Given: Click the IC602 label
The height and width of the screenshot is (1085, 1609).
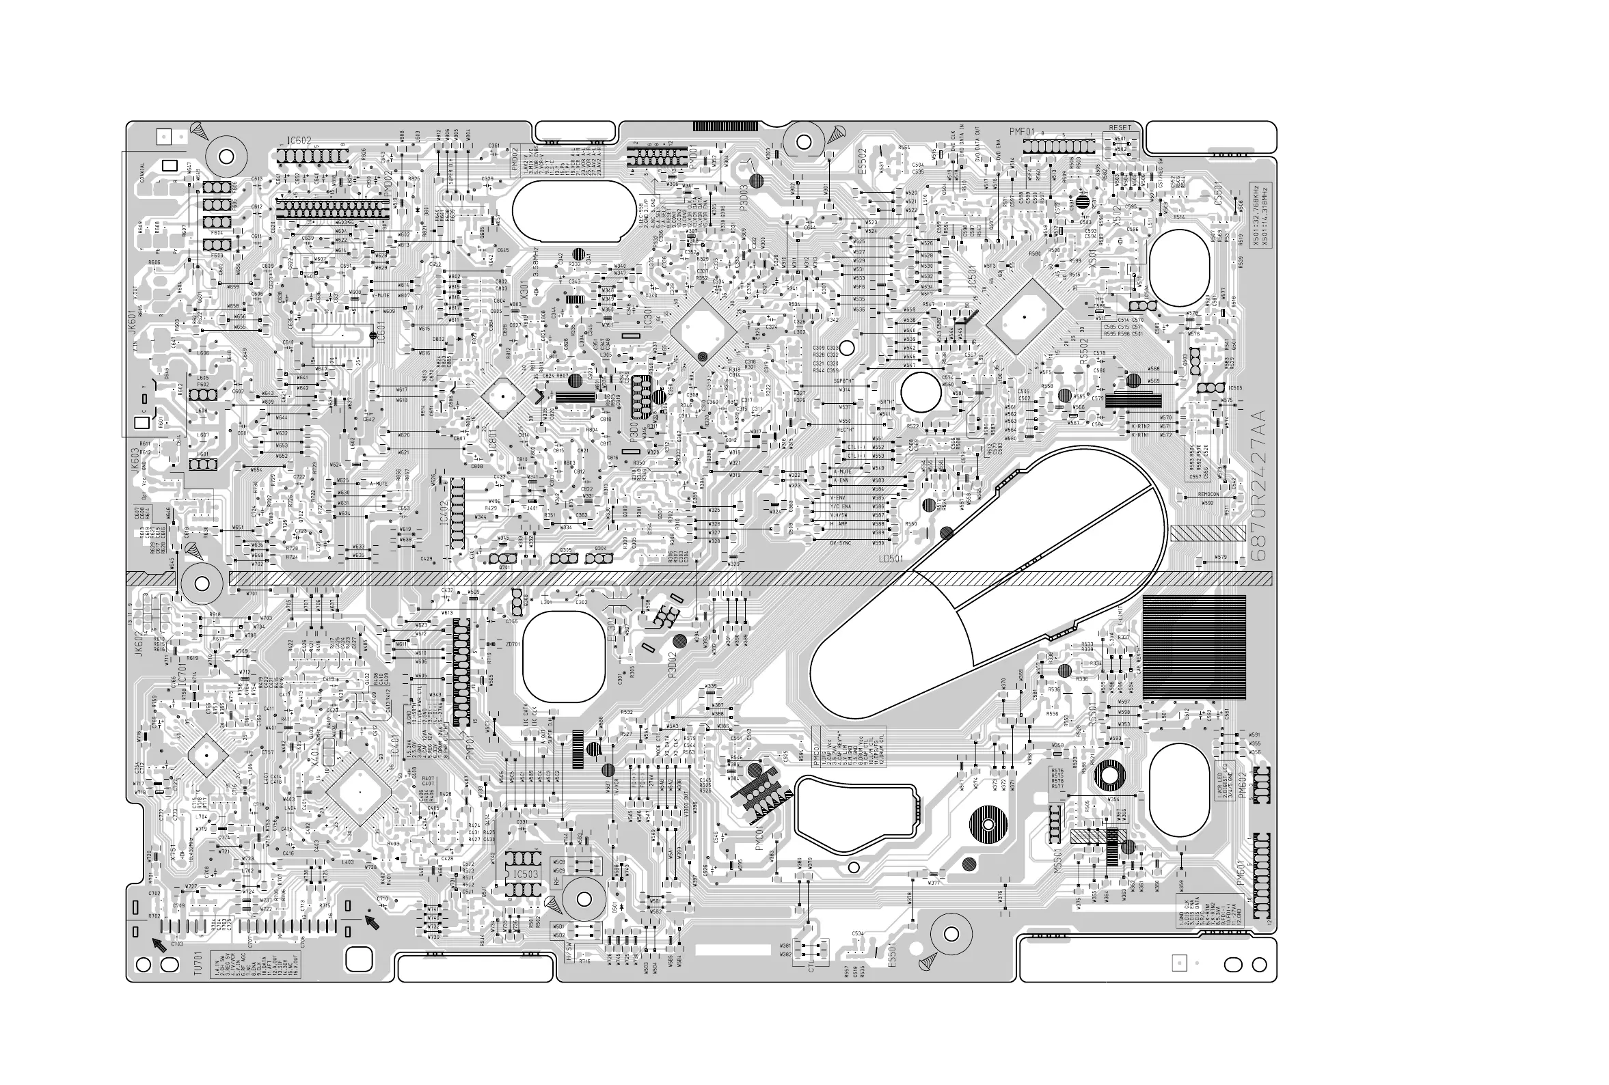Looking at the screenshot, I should [299, 141].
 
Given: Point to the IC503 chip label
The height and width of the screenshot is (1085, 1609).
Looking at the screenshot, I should [526, 874].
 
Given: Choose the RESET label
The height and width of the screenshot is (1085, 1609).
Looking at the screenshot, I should [1120, 128].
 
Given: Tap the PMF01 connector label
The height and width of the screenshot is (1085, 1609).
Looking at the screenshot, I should [1021, 131].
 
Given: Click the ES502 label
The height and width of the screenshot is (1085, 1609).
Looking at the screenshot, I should [862, 161].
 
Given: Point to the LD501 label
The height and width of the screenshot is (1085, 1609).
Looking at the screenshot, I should [892, 558].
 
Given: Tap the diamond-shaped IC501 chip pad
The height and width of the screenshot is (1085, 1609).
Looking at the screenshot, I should [1024, 317].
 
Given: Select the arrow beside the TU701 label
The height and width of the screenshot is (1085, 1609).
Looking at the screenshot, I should [160, 944].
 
